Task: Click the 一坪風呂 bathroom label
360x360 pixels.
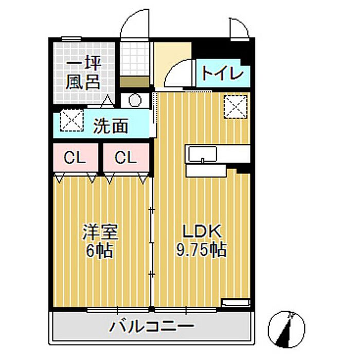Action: (x=83, y=73)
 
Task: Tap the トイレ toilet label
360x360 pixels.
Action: (x=222, y=74)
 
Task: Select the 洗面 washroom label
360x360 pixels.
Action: (x=111, y=126)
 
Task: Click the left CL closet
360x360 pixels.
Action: (x=76, y=157)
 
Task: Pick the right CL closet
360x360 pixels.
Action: (x=126, y=157)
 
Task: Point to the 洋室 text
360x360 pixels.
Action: (x=100, y=232)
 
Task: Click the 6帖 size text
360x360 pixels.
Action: (x=99, y=250)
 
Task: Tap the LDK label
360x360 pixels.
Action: (x=202, y=231)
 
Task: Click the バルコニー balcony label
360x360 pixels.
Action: (x=152, y=327)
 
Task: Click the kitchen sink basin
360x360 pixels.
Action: (x=202, y=154)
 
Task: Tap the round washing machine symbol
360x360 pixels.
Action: (x=135, y=100)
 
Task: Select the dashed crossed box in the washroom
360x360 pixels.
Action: (x=71, y=120)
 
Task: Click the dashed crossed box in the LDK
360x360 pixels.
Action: (x=236, y=107)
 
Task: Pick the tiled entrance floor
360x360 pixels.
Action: (x=135, y=59)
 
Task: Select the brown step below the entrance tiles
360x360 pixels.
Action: (x=135, y=81)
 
